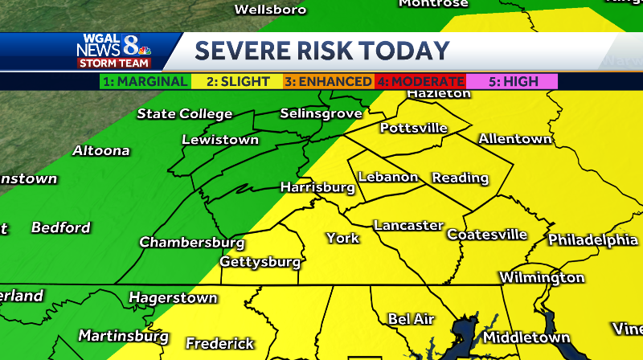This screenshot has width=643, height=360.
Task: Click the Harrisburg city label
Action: (x=317, y=187)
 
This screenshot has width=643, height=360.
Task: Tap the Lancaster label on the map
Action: (x=408, y=226)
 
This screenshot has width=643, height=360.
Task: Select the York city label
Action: (x=342, y=238)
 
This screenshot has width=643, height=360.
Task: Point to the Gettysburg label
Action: (x=260, y=262)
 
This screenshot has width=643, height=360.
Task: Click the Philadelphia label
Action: (x=592, y=240)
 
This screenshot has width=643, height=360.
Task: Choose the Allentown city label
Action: (x=515, y=139)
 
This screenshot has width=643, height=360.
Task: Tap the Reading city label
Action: (x=460, y=178)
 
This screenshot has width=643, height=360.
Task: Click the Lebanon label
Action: (x=388, y=177)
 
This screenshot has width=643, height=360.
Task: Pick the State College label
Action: (x=184, y=114)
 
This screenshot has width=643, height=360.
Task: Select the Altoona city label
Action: (x=100, y=151)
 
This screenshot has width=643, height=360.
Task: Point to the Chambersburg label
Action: (x=192, y=242)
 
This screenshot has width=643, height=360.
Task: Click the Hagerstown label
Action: (x=173, y=298)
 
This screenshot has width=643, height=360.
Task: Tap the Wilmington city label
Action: (x=542, y=278)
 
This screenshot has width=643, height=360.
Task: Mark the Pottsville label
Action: (x=413, y=128)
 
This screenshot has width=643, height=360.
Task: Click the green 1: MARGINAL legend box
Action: (x=145, y=81)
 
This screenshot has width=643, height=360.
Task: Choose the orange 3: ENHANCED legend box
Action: (x=328, y=81)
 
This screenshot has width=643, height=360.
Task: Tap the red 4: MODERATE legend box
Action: (x=420, y=81)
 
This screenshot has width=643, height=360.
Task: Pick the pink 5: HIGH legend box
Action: (x=512, y=81)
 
